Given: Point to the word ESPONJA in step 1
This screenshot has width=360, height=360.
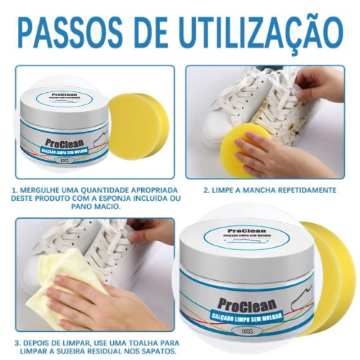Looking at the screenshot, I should coord(130,198).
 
